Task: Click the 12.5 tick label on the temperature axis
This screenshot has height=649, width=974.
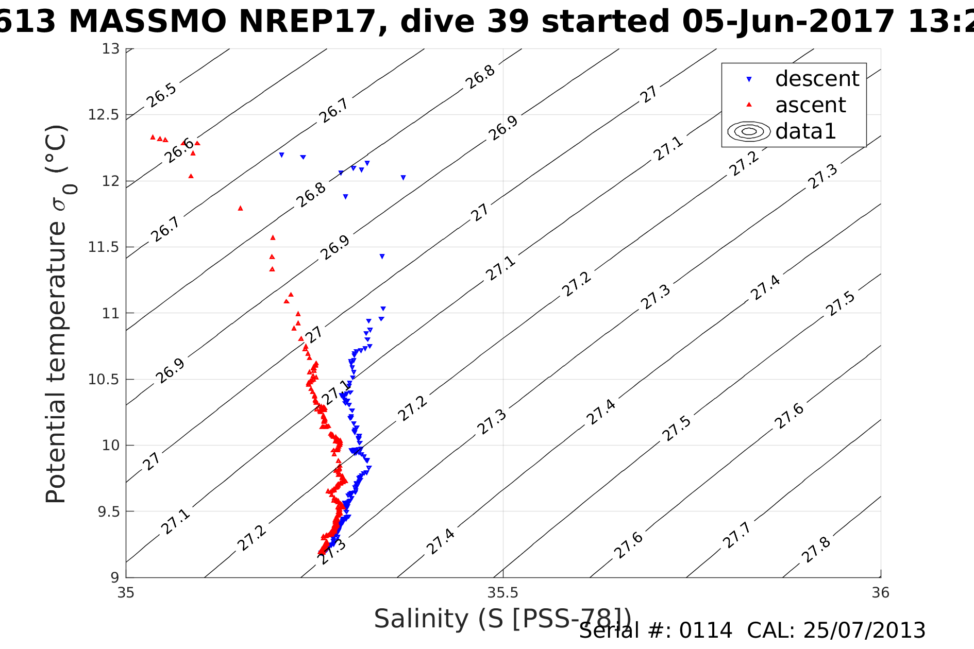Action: (104, 115)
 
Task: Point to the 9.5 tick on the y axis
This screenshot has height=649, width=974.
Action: (108, 511)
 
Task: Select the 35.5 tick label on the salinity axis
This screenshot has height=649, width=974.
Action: (502, 593)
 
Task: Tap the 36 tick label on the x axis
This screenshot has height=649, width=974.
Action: (880, 593)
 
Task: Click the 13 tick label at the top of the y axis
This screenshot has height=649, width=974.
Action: (110, 49)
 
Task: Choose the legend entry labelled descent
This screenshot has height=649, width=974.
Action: (817, 79)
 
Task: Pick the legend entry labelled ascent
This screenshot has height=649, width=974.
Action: (810, 105)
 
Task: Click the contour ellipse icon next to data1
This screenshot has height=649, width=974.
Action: (749, 131)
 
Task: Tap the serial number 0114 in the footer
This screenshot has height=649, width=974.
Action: (706, 630)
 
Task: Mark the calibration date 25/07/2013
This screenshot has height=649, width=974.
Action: (864, 630)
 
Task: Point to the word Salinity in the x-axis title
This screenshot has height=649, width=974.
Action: (421, 618)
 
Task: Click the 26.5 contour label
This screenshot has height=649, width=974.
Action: (161, 95)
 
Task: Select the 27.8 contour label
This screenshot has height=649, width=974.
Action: (816, 550)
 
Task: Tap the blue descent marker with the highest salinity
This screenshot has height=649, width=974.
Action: (403, 178)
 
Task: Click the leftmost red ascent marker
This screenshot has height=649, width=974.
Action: (153, 137)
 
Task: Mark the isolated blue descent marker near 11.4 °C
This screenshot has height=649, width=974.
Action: (382, 257)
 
